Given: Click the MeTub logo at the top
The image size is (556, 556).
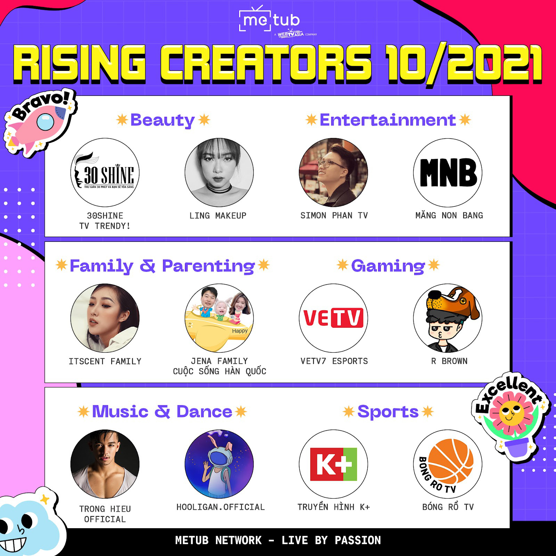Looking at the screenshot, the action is (270, 20).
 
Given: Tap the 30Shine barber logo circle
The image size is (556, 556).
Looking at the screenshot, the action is (105, 172).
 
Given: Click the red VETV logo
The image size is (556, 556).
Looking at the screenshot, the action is (333, 318).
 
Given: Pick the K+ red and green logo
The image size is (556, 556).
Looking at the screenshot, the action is (334, 464).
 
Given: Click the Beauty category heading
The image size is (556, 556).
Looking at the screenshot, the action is (163, 120).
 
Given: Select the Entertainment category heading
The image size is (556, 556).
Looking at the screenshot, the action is (387, 120).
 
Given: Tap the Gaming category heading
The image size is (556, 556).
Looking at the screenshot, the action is (388, 266).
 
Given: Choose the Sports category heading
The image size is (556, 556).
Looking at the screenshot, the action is (388, 412).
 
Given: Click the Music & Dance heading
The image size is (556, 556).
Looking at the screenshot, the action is (162, 411).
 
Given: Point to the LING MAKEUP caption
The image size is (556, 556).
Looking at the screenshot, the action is (218, 215).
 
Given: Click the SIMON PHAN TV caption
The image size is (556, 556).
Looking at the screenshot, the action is (334, 215).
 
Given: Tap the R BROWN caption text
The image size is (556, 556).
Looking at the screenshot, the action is (449, 361).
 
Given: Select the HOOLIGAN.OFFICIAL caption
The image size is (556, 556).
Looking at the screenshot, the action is (220, 507).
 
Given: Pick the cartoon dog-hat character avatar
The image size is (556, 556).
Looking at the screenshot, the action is (448, 318).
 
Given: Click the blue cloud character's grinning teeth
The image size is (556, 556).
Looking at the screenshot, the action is (13, 544).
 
